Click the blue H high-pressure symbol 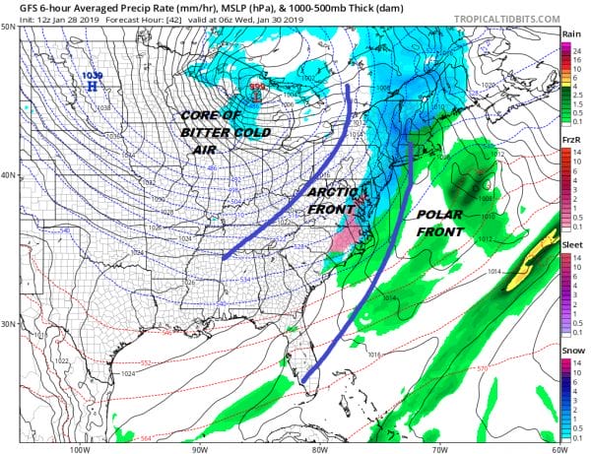coord(92,87)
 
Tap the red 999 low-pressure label coord(257,86)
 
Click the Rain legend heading coord(570,34)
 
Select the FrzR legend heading coord(570,141)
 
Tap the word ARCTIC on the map coord(326,193)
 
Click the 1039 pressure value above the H coord(93,75)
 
